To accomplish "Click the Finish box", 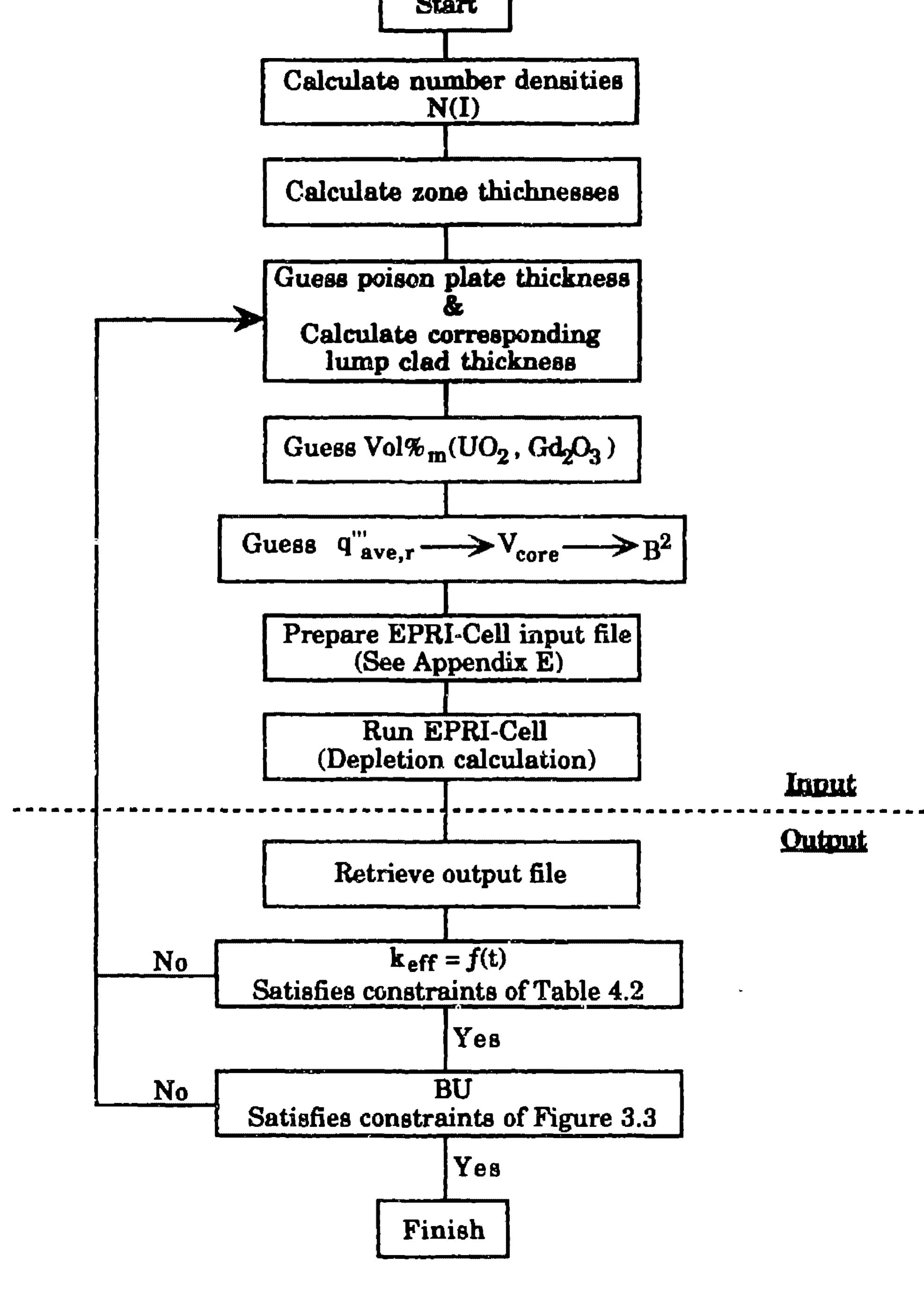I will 443,1229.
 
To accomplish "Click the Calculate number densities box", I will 450,92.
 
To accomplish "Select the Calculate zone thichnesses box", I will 452,192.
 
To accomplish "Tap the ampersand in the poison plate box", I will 452,306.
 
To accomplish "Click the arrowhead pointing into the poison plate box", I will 250,319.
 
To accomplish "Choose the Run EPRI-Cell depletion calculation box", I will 452,746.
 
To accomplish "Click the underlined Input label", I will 820,784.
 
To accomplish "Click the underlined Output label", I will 823,841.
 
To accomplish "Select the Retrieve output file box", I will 451,874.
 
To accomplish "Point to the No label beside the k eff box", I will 170,962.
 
